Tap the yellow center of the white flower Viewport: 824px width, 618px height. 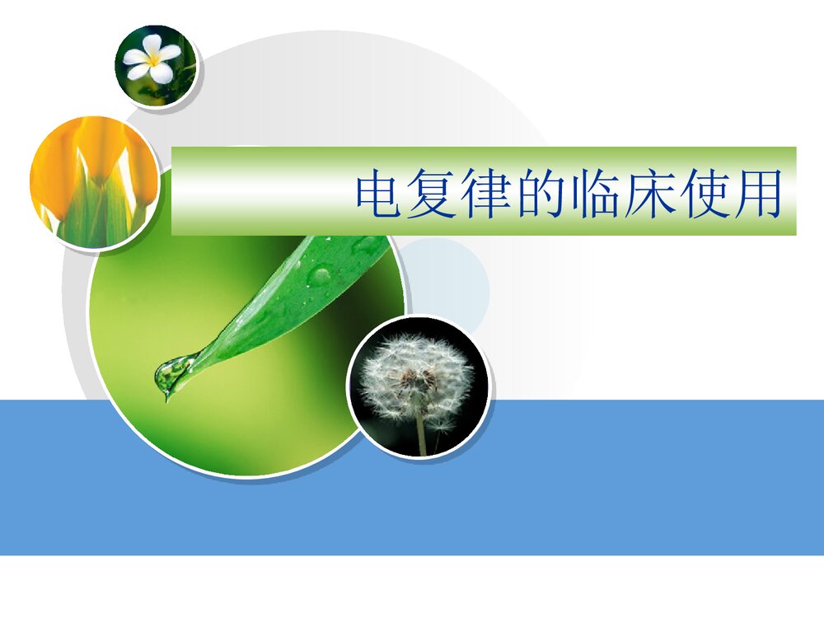153,59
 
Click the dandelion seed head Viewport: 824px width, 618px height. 417,379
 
